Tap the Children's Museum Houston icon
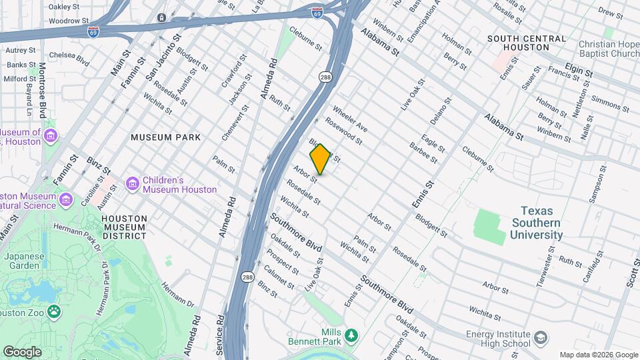132,183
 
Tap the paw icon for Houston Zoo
53,311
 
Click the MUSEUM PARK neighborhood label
165,137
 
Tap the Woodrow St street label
64,21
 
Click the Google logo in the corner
22,351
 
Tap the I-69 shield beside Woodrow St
95,31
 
